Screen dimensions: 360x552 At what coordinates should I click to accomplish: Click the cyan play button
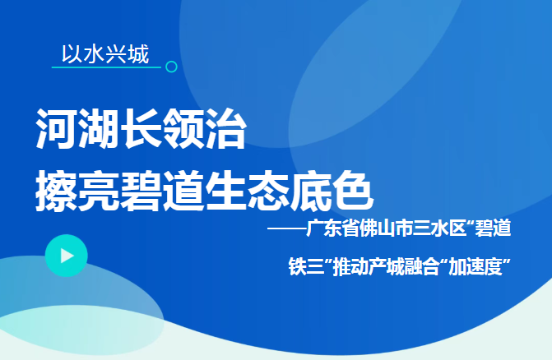click(x=67, y=256)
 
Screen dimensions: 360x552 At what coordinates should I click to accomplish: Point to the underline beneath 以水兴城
click(x=105, y=67)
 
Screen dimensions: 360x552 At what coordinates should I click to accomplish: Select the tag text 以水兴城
click(x=105, y=54)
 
